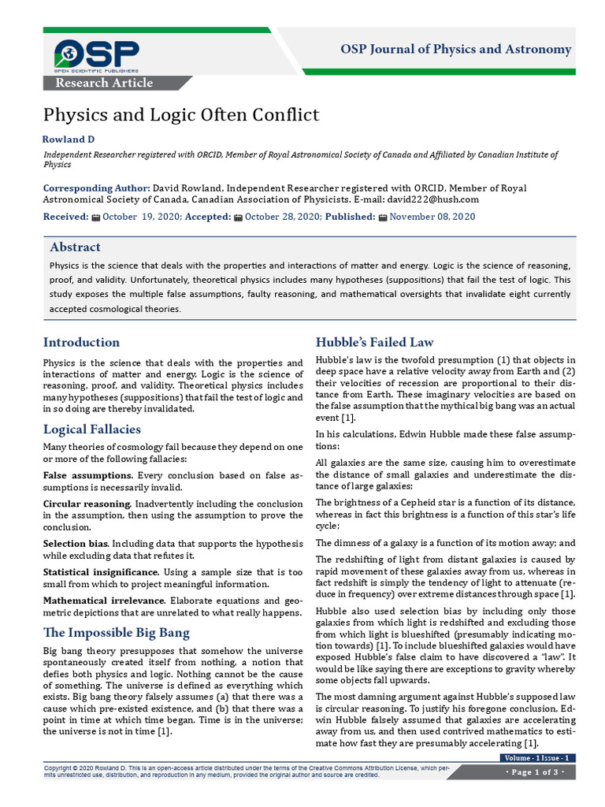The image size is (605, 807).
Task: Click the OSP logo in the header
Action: [x=96, y=54]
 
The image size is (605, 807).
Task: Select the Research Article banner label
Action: [x=103, y=83]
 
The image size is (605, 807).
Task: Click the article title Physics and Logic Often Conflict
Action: [x=181, y=115]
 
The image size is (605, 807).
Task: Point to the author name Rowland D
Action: [x=69, y=139]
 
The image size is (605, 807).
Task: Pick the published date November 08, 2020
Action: [x=432, y=217]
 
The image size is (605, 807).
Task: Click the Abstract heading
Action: [x=75, y=247]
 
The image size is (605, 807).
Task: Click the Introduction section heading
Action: [x=81, y=342]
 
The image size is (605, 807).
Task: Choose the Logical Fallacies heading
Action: [x=92, y=429]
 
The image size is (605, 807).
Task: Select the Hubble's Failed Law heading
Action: [x=374, y=342]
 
